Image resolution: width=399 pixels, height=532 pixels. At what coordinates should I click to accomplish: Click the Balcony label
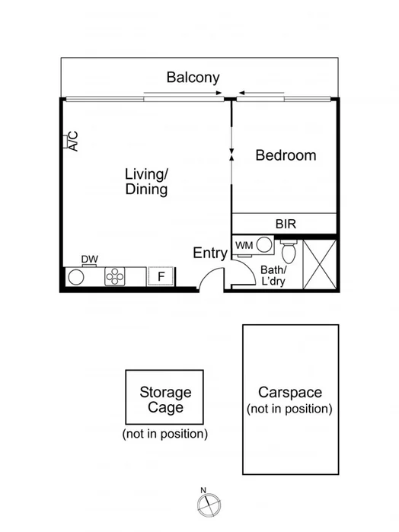[x=193, y=77]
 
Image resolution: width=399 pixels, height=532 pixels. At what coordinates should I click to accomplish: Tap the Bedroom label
[x=286, y=155]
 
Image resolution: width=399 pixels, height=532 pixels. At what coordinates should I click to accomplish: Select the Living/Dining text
[x=146, y=181]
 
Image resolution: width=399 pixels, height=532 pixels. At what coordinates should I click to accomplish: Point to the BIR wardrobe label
[x=286, y=224]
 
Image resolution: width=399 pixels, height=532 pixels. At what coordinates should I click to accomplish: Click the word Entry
[x=209, y=253]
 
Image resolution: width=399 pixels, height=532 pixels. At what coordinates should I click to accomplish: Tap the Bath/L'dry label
[x=273, y=276]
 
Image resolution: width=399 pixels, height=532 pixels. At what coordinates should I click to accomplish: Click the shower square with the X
[x=320, y=263]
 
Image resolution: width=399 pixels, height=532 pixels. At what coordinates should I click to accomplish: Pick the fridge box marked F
[x=161, y=276]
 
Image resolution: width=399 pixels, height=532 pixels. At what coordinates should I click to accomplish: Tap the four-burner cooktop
[x=116, y=276]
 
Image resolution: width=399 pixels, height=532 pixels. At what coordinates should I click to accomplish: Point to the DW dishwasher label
[x=89, y=260]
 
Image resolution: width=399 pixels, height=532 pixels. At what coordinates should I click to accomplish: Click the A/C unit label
[x=72, y=141]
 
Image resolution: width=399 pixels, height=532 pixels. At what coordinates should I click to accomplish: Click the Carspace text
[x=289, y=393]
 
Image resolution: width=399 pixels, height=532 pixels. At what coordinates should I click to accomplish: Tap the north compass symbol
[x=207, y=502]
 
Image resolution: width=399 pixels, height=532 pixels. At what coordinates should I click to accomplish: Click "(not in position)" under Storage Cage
[x=164, y=434]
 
